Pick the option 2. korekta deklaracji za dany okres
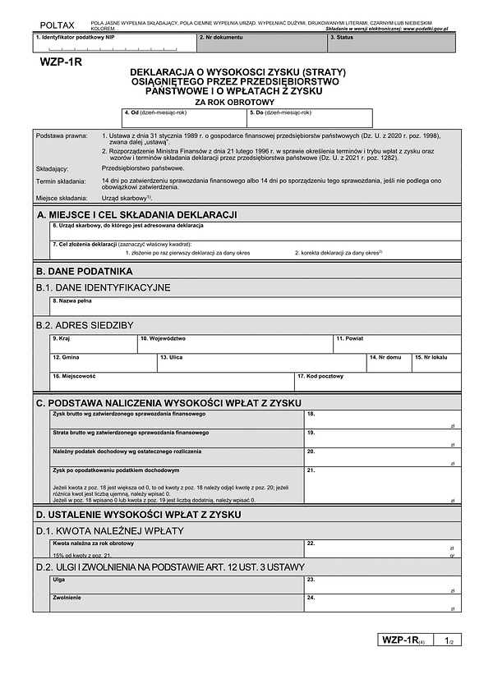(339, 252)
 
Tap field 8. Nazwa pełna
(255, 306)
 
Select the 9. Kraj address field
(93, 344)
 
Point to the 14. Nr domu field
(389, 363)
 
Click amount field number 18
(382, 420)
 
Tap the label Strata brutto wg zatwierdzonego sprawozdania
(130, 433)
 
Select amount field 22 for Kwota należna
(382, 548)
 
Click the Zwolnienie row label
(67, 597)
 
